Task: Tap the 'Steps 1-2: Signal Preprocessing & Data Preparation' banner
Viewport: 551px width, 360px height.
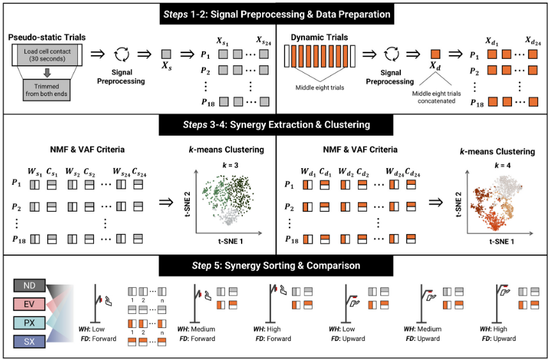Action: tap(275, 13)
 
